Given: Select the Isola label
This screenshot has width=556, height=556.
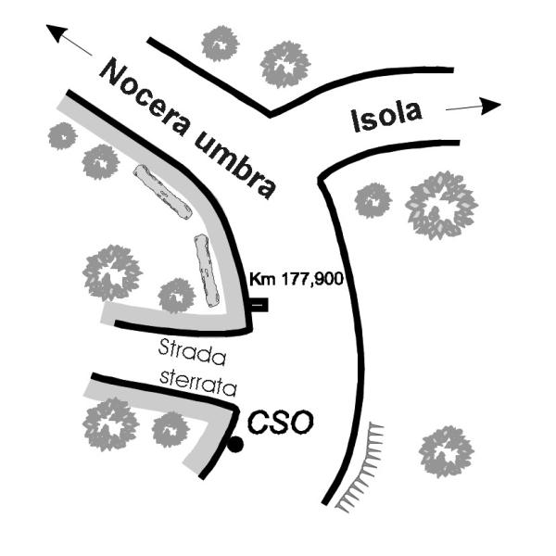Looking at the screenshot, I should [x=387, y=116].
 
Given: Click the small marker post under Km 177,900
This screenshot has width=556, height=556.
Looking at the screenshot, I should [x=259, y=303].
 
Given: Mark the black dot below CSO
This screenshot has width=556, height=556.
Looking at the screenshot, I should [x=235, y=445].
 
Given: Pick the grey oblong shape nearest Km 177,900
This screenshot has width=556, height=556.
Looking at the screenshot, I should [x=206, y=271].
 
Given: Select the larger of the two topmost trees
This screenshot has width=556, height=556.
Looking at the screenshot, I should [x=286, y=63].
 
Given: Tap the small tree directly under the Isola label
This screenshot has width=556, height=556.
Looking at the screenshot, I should [x=373, y=199].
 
